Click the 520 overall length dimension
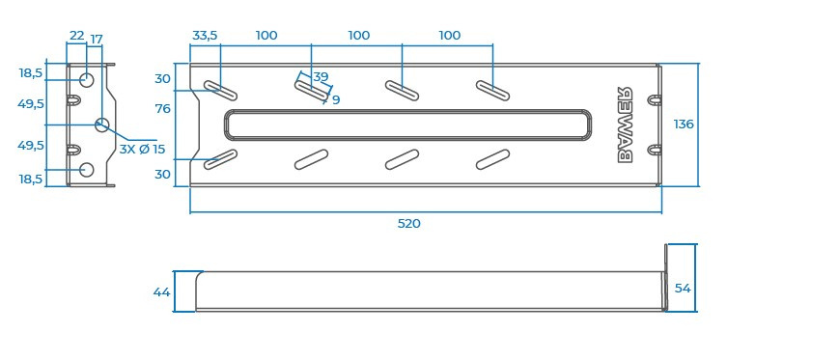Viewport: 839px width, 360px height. pos(409,223)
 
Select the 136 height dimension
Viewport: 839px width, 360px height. pos(684,124)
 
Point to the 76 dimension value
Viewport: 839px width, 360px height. pos(162,109)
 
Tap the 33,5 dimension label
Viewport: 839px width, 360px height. pos(205,36)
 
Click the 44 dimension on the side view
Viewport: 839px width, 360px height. pos(161,291)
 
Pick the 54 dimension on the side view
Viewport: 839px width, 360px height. pos(683,288)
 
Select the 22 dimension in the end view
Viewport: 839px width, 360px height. pos(76,36)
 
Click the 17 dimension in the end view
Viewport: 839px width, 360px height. pos(97,40)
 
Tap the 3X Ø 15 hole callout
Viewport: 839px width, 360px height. pos(143,150)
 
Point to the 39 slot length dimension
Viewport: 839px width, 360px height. pos(321,77)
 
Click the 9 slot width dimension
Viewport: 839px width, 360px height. pos(335,99)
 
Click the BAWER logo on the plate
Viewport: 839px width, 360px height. pos(625,124)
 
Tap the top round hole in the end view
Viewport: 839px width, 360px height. pos(86,79)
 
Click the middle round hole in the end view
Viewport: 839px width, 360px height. pos(102,125)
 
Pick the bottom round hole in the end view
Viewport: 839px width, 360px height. pos(86,170)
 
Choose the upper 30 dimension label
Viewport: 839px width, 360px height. pos(162,79)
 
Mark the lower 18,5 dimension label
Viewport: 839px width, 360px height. pos(31,179)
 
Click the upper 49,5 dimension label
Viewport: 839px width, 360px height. pos(31,103)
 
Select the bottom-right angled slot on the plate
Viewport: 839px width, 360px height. pos(493,159)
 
